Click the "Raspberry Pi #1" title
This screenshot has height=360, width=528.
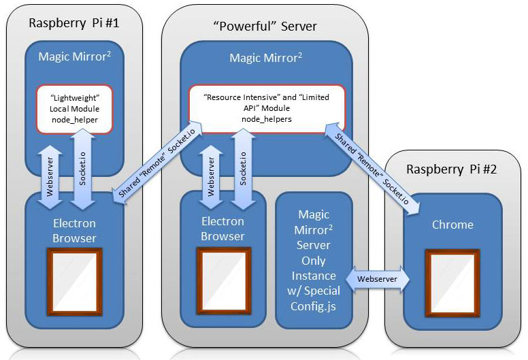click(x=74, y=22)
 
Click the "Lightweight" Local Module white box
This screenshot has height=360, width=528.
click(x=74, y=109)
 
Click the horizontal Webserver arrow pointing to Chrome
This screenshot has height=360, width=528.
click(x=377, y=278)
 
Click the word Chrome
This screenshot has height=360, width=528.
click(x=452, y=225)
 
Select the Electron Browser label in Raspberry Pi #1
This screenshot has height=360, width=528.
click(x=74, y=230)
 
